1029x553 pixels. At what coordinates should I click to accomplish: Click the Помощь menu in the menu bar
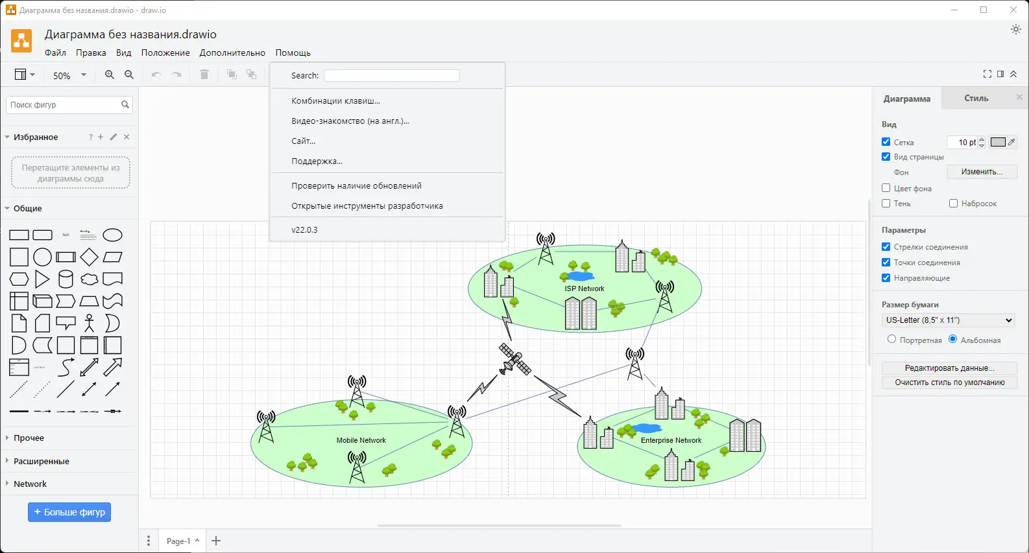tap(293, 53)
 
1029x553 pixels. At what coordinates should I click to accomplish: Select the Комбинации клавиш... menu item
tap(335, 100)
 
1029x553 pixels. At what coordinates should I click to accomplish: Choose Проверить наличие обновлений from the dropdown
tap(356, 185)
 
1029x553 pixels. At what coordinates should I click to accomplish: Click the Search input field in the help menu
tap(391, 76)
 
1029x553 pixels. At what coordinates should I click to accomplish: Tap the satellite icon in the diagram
tap(514, 359)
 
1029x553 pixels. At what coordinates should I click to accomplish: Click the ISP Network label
tap(584, 288)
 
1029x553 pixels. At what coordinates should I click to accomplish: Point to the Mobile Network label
tap(361, 440)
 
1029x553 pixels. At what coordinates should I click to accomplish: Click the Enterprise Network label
tap(671, 440)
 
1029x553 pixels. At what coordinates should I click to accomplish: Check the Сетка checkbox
tap(886, 142)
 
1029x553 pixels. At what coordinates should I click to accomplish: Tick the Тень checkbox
tap(886, 204)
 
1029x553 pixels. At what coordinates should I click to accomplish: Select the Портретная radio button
tap(891, 339)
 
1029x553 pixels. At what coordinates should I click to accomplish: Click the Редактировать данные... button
tap(949, 368)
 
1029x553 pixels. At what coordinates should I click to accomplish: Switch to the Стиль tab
tap(976, 98)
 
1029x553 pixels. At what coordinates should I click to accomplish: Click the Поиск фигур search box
tap(64, 104)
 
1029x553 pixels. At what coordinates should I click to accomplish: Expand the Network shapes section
tap(30, 484)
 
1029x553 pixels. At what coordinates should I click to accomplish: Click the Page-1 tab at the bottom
tap(178, 541)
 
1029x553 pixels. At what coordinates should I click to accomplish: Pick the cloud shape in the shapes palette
tap(89, 279)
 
